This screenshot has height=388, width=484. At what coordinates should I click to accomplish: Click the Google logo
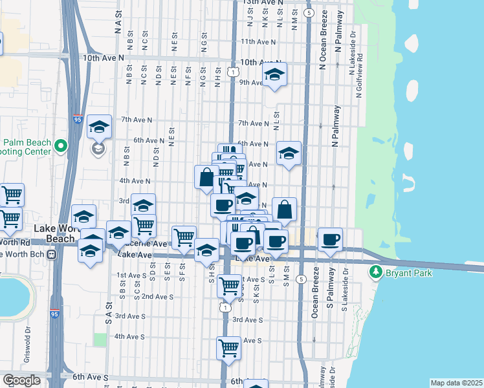[x=21, y=380]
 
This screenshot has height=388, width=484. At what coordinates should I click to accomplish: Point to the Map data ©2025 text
[x=457, y=383]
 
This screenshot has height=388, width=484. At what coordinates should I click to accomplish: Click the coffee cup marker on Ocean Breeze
[x=330, y=239]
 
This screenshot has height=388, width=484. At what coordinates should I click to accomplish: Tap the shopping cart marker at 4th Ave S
[x=229, y=347]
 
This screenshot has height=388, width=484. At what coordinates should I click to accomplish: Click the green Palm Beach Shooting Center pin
[x=61, y=147]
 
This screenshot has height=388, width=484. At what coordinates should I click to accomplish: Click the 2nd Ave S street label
[x=157, y=296]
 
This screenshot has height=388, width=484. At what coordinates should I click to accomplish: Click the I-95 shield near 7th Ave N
[x=78, y=119]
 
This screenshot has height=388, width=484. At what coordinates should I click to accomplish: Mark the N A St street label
[x=118, y=23]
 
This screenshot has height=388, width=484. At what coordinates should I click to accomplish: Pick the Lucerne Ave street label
[x=149, y=244]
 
